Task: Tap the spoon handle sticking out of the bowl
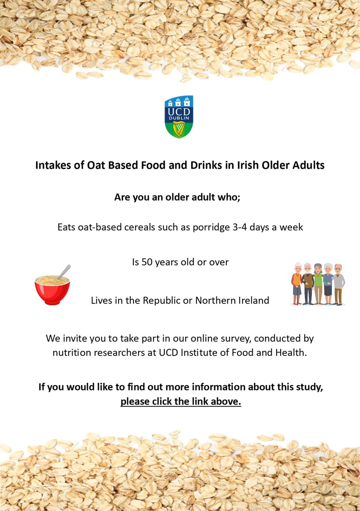click(x=65, y=271)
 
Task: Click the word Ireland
click(x=253, y=300)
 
